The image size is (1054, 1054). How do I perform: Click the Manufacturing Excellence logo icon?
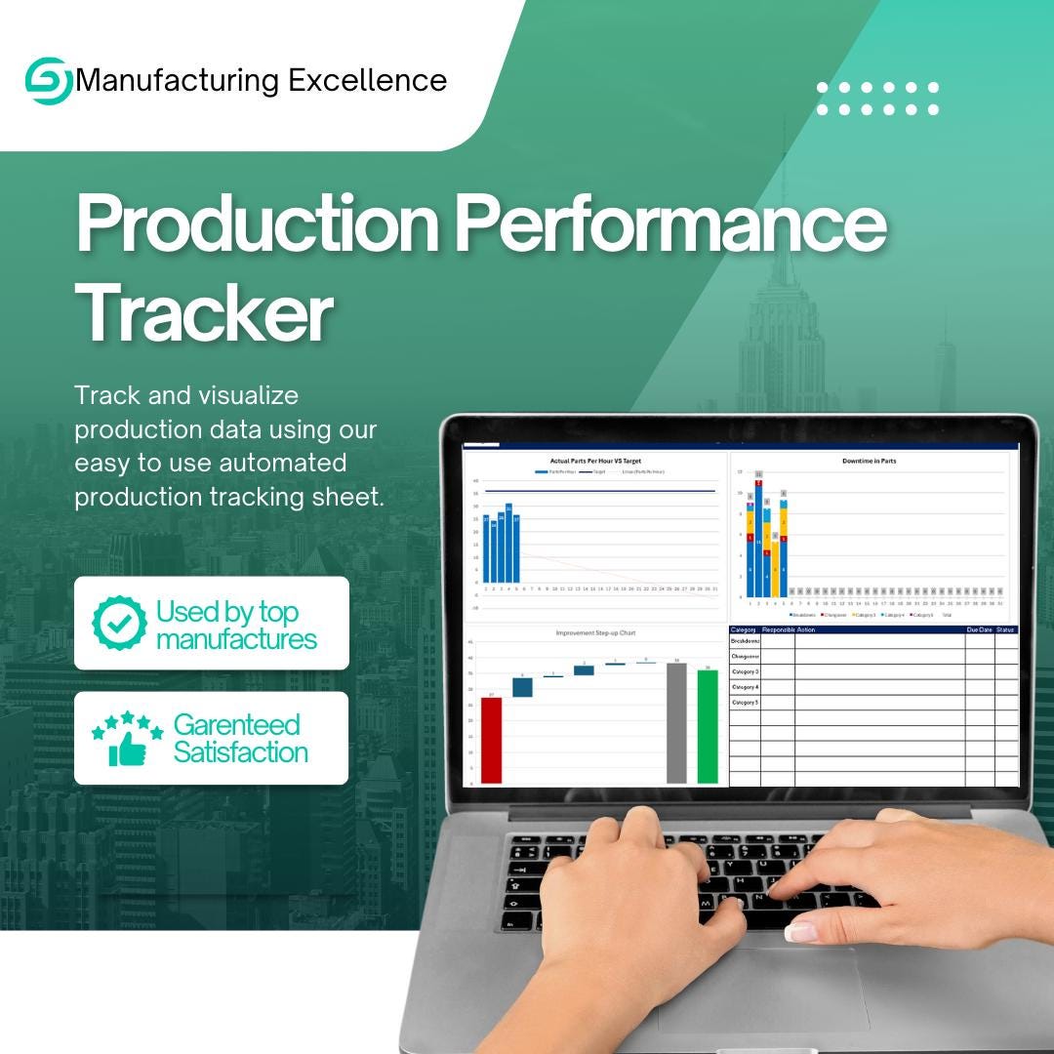coord(48,80)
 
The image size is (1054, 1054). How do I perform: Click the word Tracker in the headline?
coord(204,313)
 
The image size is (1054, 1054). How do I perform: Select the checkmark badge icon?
coord(119,624)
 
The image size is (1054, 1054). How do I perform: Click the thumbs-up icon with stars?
coord(126,739)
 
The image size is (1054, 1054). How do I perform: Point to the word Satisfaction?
coord(240,752)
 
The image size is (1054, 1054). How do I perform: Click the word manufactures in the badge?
coord(236,639)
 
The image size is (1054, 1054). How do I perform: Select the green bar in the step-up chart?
coord(708,726)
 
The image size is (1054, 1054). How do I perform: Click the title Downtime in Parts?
coord(869,461)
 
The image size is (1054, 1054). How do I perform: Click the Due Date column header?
coord(979,630)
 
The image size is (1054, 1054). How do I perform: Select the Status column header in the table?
coord(1006,630)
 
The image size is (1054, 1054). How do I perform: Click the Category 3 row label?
coord(745,671)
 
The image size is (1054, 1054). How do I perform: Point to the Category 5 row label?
coord(745,702)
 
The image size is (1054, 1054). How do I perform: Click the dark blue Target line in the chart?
coord(605,491)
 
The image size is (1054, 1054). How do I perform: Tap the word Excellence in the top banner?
coord(367,80)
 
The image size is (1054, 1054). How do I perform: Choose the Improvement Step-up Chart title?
coord(595,633)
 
